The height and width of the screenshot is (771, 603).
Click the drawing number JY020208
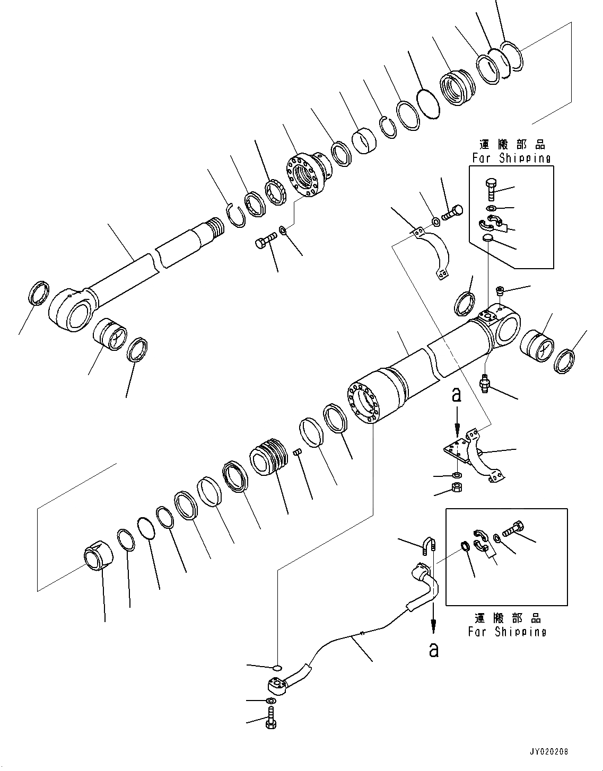548,751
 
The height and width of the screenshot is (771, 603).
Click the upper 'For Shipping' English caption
511,158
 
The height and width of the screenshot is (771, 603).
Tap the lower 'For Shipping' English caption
506,632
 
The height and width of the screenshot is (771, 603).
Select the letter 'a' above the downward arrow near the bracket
456,395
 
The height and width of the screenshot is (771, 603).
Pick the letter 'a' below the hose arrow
434,650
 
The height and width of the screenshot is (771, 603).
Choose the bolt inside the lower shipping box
514,528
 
